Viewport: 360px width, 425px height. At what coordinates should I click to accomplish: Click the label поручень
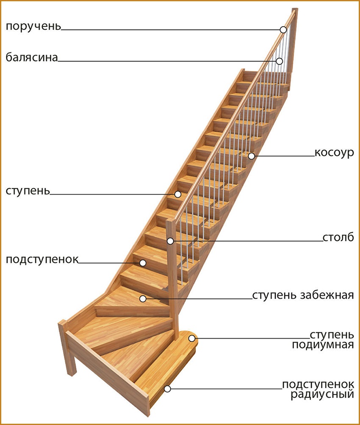point(33,27)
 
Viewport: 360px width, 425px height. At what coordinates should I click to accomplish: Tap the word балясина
point(32,58)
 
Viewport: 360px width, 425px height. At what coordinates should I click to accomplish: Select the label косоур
point(335,153)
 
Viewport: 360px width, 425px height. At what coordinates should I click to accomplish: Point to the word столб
point(338,237)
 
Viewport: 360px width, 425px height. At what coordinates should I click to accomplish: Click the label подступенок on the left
point(42,259)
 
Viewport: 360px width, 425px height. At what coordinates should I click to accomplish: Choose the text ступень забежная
point(303,295)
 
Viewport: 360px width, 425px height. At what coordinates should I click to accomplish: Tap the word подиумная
point(323,345)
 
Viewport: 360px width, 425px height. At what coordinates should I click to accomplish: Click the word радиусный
point(323,394)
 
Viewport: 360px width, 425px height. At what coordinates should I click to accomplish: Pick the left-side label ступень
point(28,191)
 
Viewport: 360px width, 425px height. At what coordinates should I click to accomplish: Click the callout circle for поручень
point(283,30)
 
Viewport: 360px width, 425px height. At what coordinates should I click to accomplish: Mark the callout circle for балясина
point(280,61)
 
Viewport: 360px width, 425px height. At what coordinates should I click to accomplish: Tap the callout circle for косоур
point(252,156)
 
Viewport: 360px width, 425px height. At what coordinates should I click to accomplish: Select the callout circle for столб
point(170,241)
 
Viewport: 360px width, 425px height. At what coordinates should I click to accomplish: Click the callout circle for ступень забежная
point(143,299)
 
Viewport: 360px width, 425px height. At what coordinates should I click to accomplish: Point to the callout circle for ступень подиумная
point(192,339)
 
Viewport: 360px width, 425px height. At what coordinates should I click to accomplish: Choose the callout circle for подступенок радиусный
point(168,389)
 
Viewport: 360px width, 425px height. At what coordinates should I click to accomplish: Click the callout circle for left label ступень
point(178,194)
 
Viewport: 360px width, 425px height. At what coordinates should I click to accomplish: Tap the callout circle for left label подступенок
point(143,263)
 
